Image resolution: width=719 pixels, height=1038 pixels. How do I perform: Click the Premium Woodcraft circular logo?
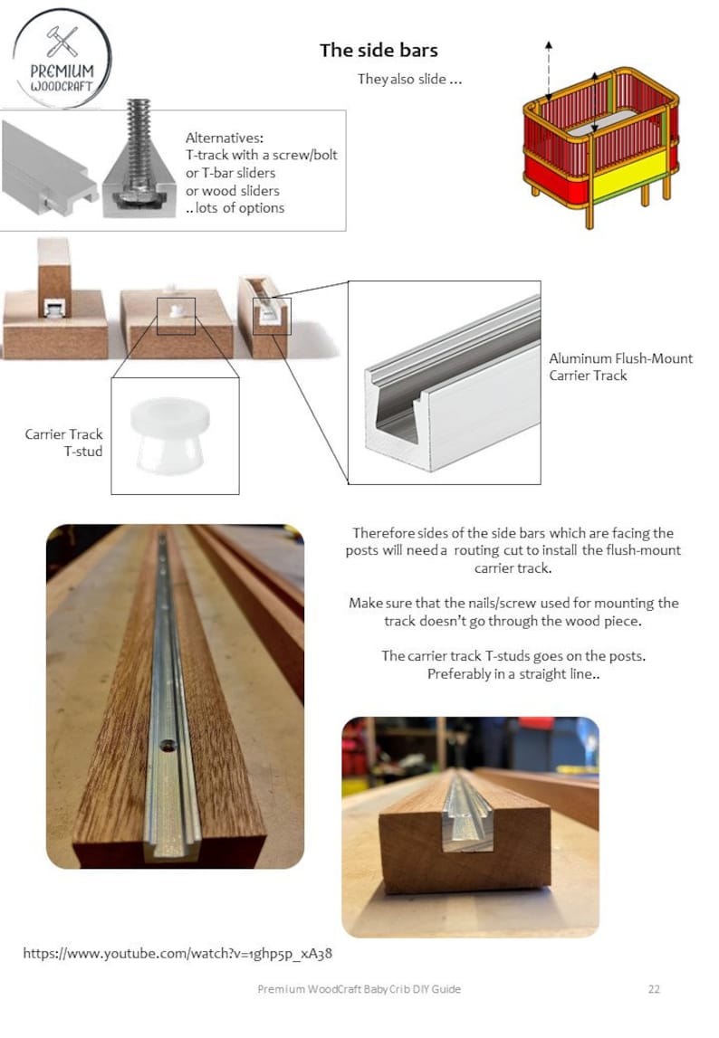[x=62, y=58]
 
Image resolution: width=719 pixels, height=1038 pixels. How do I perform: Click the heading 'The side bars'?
[x=379, y=51]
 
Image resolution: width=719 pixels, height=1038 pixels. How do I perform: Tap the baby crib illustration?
[x=600, y=145]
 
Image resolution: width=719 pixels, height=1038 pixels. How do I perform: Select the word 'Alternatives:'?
[x=225, y=138]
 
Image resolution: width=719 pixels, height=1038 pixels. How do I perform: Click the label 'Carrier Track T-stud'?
[x=63, y=443]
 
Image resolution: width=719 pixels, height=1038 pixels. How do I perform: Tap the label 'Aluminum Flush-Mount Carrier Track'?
[x=620, y=367]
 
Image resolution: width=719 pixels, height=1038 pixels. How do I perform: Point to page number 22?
[x=654, y=989]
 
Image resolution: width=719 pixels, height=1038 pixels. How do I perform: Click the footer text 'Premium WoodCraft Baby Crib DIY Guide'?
[x=359, y=989]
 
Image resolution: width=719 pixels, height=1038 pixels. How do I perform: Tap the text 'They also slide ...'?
[x=410, y=80]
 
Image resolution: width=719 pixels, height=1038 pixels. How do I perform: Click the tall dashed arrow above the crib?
[x=549, y=72]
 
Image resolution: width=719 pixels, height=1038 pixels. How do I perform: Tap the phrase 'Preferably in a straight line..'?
[x=513, y=674]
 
